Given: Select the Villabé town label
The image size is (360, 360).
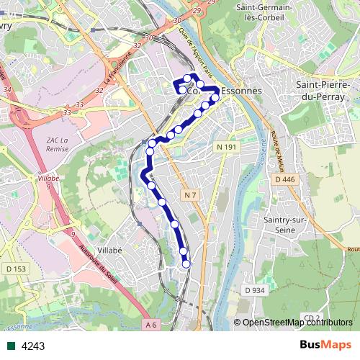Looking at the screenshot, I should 111,250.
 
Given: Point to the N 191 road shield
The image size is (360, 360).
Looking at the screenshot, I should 226,147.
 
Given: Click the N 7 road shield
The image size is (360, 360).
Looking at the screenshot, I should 189,195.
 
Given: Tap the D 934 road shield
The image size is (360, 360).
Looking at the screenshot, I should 255,290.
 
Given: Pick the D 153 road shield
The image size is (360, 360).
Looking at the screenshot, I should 15,269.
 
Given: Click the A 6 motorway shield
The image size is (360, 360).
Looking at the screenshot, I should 150,325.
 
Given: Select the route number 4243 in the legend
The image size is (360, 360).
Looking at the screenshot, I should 33,346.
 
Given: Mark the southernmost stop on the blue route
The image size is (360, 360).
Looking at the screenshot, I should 186,264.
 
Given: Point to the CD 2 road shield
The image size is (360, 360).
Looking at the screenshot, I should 311,318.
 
